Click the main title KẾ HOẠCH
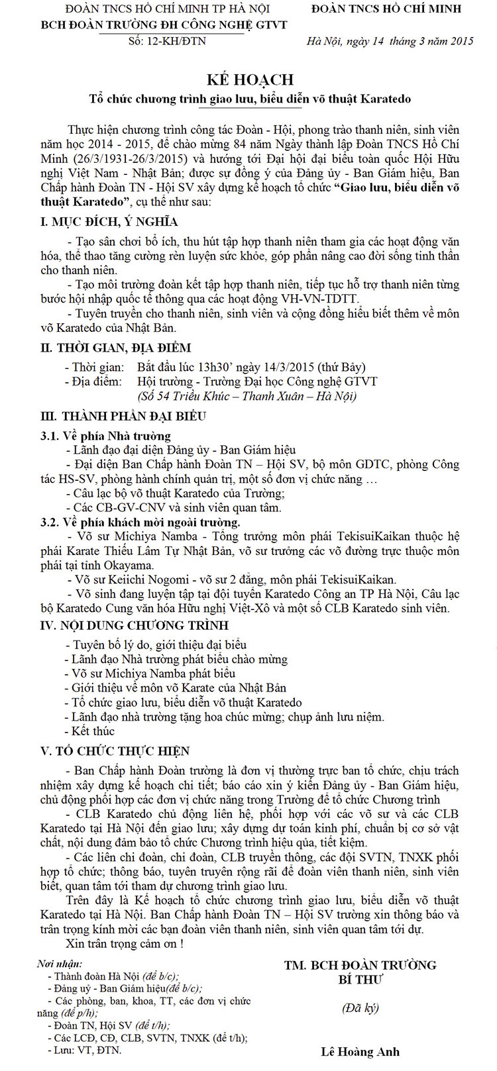[250, 79]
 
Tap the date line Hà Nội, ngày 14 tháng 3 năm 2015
[390, 41]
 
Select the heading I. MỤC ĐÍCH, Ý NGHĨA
[109, 222]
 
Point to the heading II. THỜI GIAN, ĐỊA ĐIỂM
[116, 348]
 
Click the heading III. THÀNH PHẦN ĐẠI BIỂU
[123, 417]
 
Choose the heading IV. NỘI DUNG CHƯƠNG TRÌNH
[135, 625]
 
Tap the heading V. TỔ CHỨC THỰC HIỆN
[115, 751]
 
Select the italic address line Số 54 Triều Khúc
[247, 396]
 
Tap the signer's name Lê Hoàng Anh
[360, 1051]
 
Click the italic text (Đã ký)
[360, 1008]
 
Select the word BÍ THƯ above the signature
[360, 980]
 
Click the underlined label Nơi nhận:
[60, 964]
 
